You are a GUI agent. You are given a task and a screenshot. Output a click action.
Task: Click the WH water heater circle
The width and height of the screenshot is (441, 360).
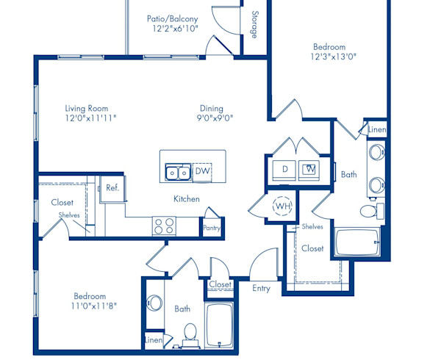point(282,206)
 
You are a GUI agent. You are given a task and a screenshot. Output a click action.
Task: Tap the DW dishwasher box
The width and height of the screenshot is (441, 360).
point(202,171)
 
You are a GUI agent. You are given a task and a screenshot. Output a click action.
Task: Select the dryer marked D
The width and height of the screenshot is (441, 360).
point(284,169)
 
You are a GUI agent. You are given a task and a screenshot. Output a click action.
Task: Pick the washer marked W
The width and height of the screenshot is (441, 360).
point(310,169)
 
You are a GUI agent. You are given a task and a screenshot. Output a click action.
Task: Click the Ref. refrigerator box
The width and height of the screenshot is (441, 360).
point(112,188)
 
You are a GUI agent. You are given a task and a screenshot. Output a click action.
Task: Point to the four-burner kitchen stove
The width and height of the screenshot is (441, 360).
point(162,226)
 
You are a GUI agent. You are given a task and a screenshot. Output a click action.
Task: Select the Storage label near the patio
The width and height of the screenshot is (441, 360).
point(254,25)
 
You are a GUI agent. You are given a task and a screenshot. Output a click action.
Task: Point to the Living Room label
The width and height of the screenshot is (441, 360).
point(86,109)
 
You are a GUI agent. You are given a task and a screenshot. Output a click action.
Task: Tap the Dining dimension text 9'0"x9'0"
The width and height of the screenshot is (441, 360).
point(215,117)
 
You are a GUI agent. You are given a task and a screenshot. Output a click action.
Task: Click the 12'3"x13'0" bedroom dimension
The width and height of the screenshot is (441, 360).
point(333,56)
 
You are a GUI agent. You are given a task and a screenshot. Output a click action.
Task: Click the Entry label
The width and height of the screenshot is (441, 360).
point(261,288)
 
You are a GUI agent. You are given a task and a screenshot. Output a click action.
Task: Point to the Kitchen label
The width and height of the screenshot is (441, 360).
point(187,199)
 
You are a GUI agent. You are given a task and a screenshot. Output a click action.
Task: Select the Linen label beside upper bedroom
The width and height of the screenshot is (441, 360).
point(376,130)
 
